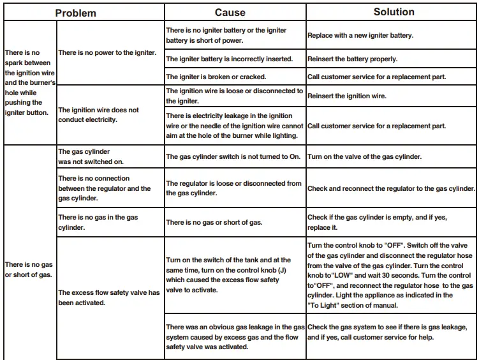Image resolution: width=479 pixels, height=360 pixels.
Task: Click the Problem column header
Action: click(75, 13)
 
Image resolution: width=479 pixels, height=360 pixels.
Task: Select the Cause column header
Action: click(230, 13)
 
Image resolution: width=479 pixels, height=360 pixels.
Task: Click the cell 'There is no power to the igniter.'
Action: click(107, 53)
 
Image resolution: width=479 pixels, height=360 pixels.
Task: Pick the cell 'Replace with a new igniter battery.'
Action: click(360, 36)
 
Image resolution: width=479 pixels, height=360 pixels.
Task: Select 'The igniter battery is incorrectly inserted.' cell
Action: click(229, 59)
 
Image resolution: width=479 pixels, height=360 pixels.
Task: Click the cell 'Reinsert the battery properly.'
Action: click(352, 59)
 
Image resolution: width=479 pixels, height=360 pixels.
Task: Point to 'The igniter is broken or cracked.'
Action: click(216, 77)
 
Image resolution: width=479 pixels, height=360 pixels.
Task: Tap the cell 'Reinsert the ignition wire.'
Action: click(347, 96)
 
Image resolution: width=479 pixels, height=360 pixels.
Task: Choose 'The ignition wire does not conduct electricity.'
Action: click(98, 115)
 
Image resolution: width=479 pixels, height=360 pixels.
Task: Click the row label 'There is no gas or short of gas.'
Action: click(29, 269)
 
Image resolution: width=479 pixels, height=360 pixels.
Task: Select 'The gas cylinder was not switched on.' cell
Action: click(91, 157)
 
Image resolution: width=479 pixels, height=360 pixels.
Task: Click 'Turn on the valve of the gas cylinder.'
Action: click(364, 157)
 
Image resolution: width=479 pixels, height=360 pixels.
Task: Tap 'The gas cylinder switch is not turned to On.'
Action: click(233, 157)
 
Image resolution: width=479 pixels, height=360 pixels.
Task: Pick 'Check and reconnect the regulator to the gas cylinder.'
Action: click(391, 189)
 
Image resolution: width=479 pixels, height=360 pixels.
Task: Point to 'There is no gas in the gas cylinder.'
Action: click(98, 222)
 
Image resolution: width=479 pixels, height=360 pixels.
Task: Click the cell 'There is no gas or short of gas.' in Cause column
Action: click(214, 222)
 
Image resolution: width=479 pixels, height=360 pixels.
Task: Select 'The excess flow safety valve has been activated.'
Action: click(108, 297)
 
